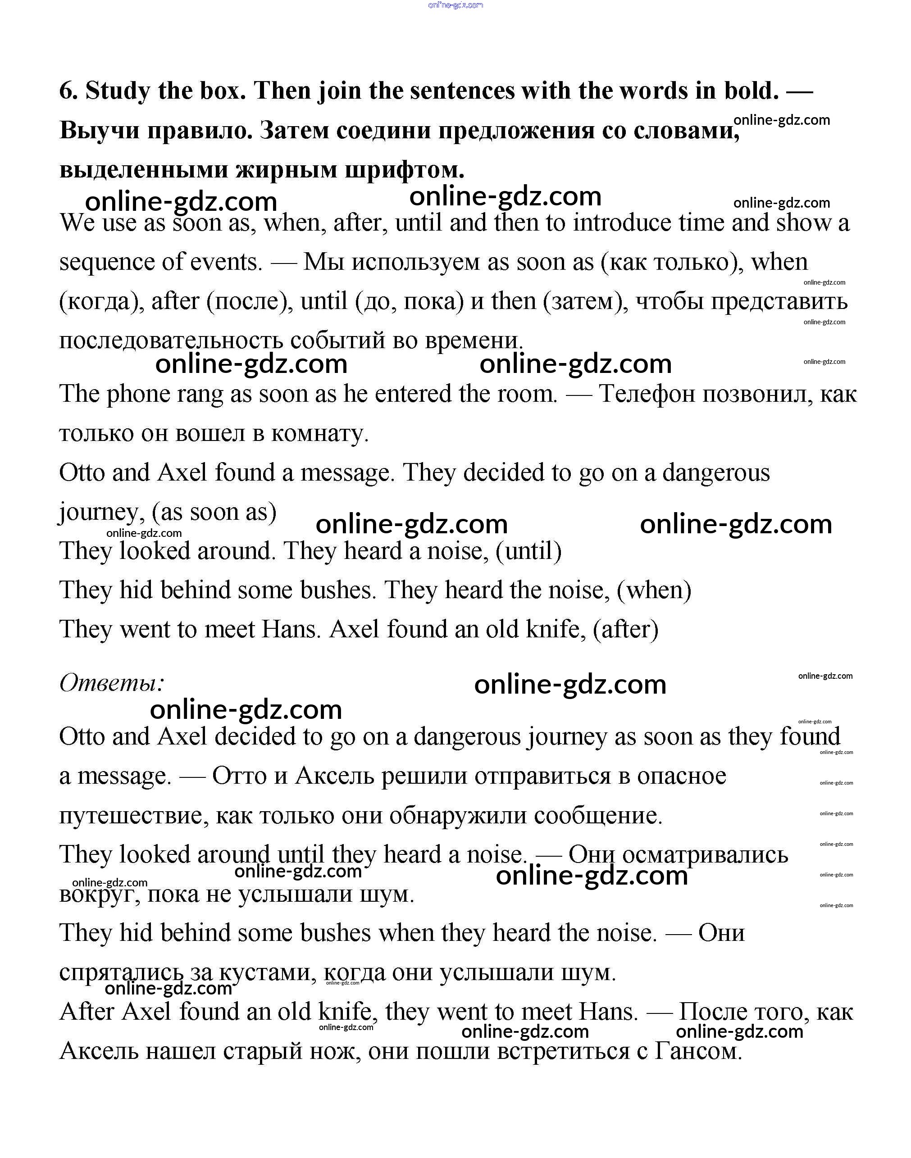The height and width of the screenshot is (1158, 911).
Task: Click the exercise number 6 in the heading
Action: click(x=67, y=91)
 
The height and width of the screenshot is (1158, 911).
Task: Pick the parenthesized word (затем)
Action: click(x=586, y=302)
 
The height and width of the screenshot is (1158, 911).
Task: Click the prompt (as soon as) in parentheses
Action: click(x=214, y=513)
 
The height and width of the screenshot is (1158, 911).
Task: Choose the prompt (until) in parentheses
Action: click(x=528, y=551)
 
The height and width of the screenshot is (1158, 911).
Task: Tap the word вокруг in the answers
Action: click(x=99, y=895)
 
